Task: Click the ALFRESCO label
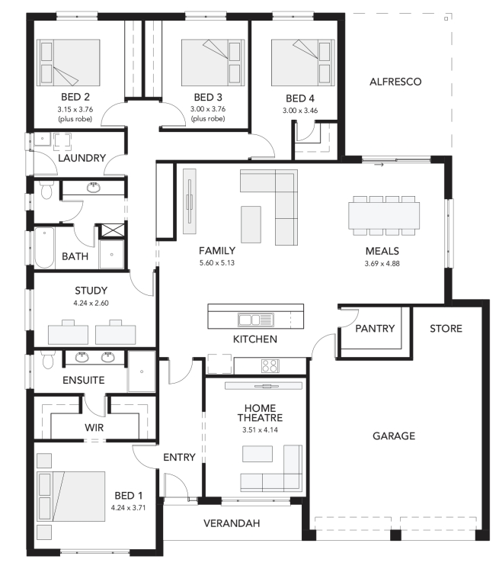395,82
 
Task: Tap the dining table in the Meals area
384,216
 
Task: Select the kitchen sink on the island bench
256,320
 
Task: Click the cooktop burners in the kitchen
270,366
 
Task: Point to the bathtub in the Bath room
45,248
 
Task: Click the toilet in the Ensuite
47,359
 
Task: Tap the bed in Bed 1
71,497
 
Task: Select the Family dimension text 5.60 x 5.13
217,262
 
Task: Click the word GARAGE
394,436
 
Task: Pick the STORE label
446,329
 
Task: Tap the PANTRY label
375,329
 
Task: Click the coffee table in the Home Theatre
257,454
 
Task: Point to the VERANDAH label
232,523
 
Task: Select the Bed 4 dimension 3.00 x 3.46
300,111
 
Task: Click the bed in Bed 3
213,63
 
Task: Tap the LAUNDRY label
82,158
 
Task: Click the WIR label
94,427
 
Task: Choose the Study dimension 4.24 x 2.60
91,303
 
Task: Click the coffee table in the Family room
251,224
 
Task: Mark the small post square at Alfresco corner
446,18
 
